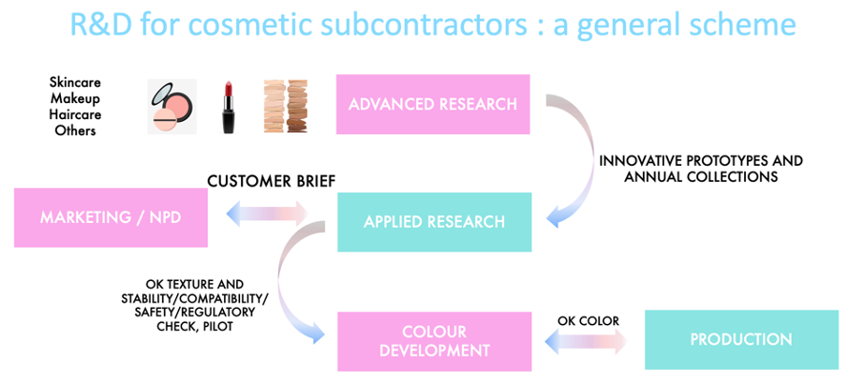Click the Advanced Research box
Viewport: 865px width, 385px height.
tap(433, 104)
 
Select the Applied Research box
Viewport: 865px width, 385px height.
tap(434, 222)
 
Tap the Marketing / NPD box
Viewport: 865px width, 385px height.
tap(111, 217)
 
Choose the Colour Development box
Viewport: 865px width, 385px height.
tap(434, 341)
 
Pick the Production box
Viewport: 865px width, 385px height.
tap(741, 339)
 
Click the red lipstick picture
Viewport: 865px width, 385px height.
tap(228, 107)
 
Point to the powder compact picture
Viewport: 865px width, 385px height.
tap(171, 107)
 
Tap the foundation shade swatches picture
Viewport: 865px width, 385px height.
tap(285, 107)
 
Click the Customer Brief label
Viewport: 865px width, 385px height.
tap(272, 181)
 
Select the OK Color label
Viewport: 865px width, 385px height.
tap(588, 321)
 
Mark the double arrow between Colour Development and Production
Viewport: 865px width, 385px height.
tap(586, 342)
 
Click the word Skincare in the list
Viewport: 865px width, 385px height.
tap(75, 83)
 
